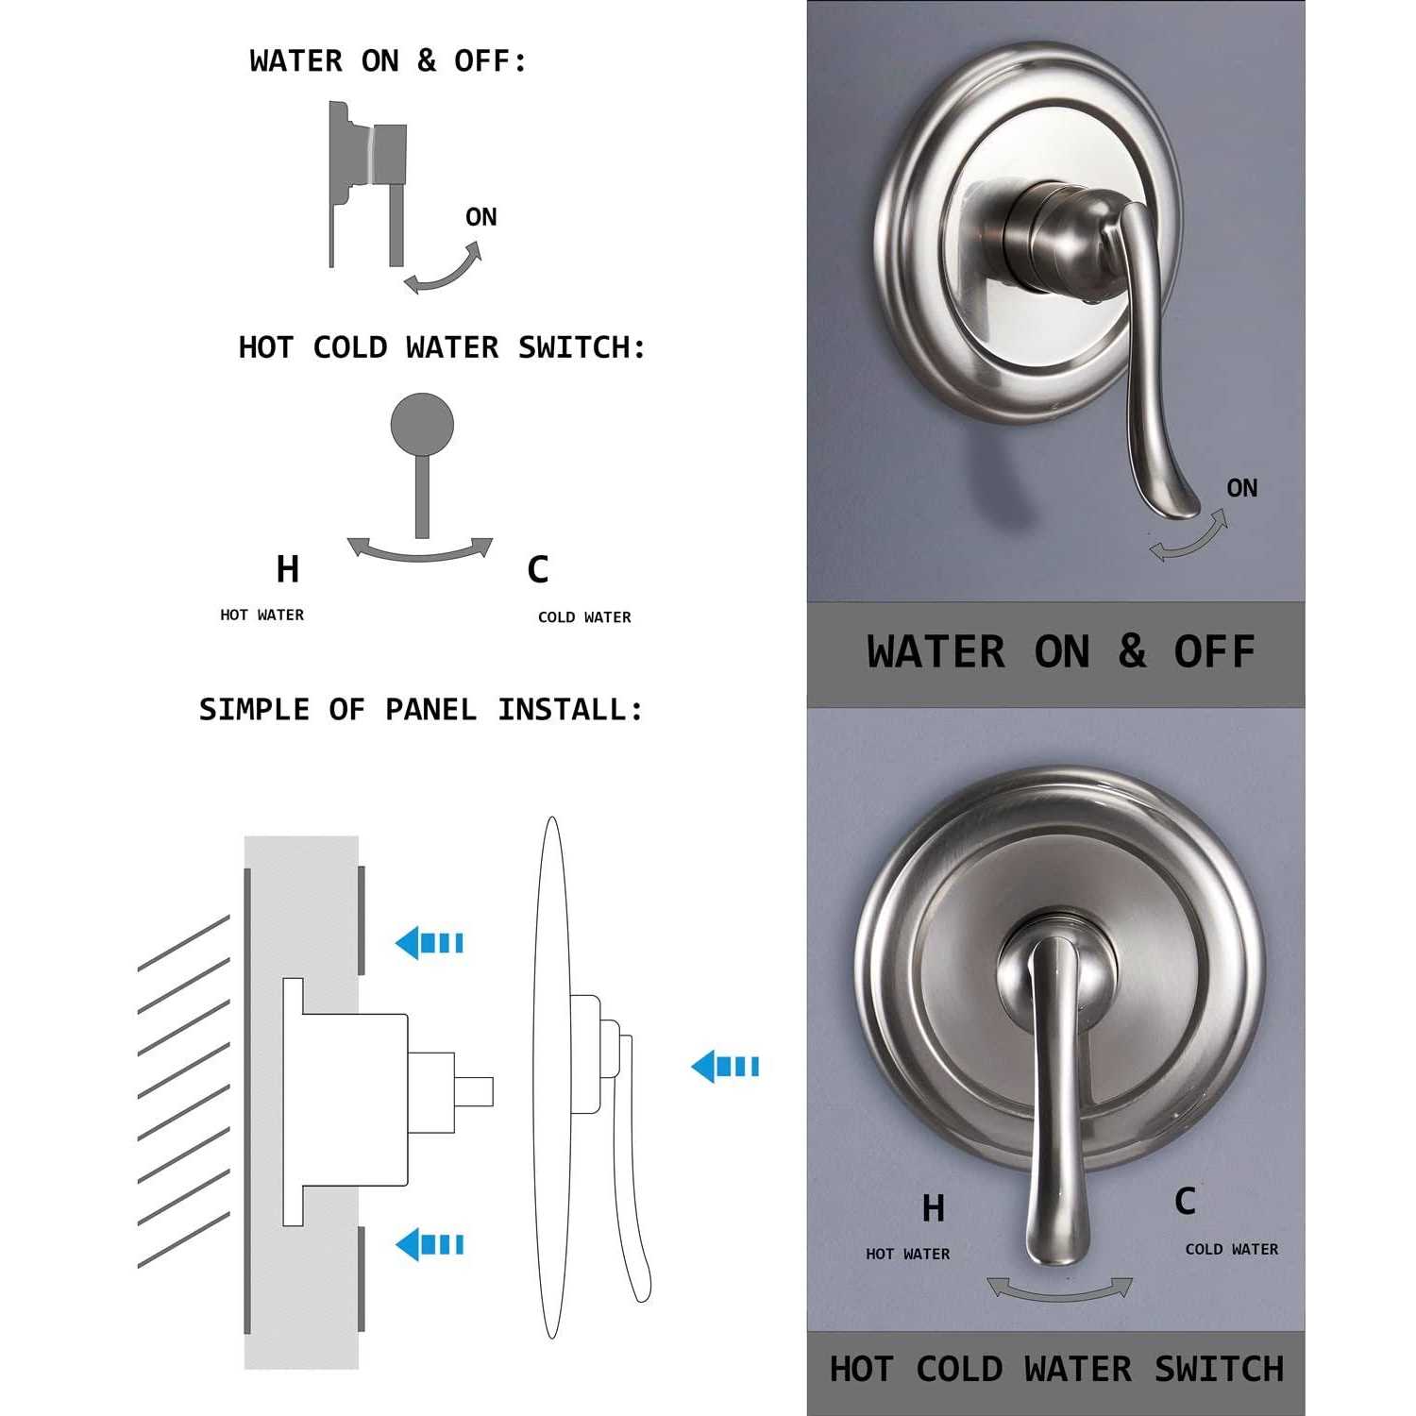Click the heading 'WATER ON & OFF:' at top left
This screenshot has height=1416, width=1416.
coord(388,61)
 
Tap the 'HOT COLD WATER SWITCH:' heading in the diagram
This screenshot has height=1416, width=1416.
coord(442,347)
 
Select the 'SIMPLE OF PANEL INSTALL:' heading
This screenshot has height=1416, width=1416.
coord(421,710)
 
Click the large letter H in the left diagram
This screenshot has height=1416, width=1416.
coord(288,569)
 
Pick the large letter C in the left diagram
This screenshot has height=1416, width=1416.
coord(538,569)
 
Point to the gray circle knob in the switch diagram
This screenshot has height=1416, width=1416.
coord(422,424)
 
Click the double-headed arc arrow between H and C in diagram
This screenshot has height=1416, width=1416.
coord(420,555)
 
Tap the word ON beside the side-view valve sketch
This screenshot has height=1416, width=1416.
coord(481,217)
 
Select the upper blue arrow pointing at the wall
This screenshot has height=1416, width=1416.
coord(430,942)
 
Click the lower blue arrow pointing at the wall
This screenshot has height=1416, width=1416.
coord(430,1244)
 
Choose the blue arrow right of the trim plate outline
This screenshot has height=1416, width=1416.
coord(725,1067)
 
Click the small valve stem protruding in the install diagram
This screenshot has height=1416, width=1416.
coord(474,1092)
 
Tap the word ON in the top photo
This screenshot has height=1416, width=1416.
coord(1242,488)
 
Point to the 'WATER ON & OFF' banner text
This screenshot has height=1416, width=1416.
coord(1061,652)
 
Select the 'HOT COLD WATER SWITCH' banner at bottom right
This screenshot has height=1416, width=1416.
coord(1056,1369)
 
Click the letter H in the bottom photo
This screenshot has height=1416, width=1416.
coord(933,1208)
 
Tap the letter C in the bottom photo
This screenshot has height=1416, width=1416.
coord(1185,1201)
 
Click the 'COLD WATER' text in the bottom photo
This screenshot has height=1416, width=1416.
coord(1232,1249)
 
